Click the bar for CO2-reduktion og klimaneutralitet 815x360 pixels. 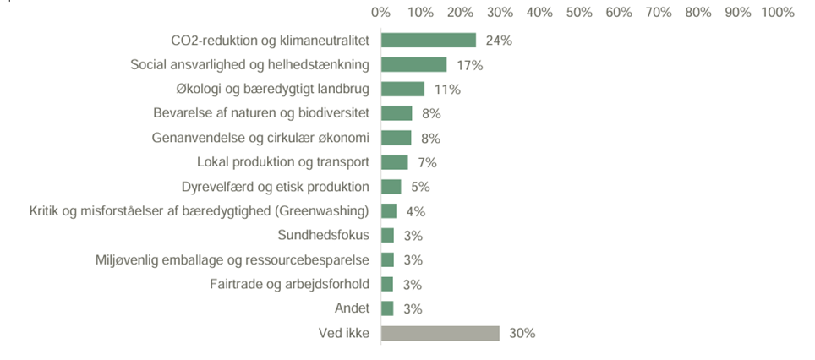point(429,41)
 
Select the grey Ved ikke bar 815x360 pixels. point(440,333)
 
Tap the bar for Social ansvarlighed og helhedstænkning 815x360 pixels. point(414,65)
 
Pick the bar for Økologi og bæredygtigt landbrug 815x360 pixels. point(402,90)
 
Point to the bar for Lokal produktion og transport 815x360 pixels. point(395,162)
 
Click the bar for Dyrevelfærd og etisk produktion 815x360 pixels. point(391,187)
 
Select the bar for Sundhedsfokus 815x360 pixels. point(388,236)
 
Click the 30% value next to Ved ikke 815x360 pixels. point(522,333)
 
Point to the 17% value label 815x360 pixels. point(469,65)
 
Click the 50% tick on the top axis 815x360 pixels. point(579,13)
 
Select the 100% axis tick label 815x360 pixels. point(778,13)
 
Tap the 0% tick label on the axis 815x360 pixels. point(381,13)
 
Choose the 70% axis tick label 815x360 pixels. point(659,13)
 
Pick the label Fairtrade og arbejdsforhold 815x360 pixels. point(289,284)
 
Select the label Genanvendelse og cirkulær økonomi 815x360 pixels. point(260,138)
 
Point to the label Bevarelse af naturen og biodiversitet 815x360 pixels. point(261,113)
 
